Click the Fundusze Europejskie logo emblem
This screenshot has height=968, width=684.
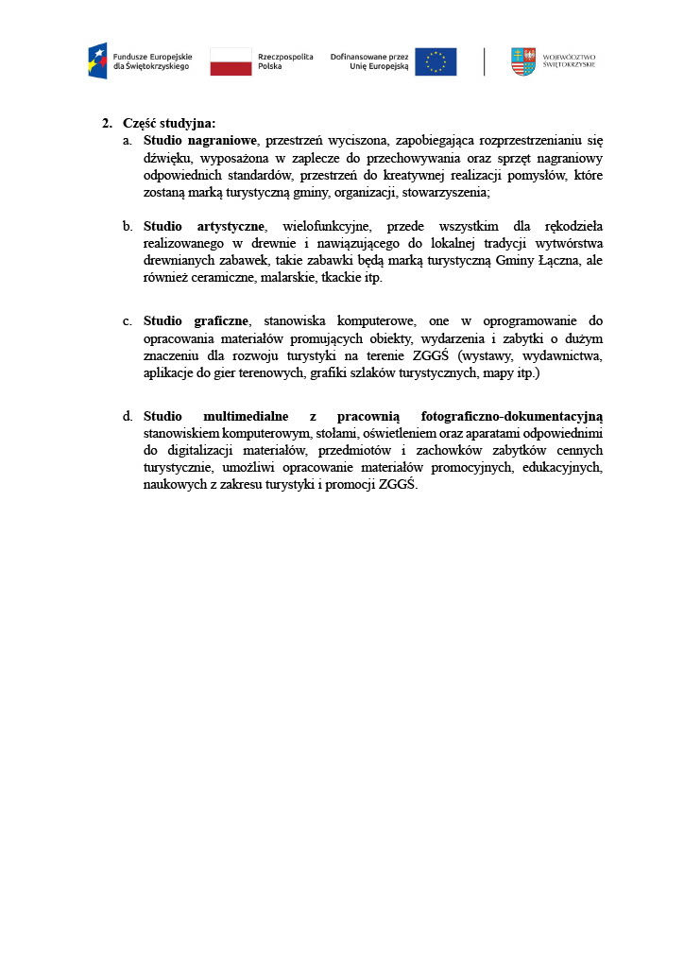pyautogui.click(x=97, y=61)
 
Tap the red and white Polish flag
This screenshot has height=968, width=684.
pyautogui.click(x=231, y=61)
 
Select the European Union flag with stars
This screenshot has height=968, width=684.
pyautogui.click(x=436, y=61)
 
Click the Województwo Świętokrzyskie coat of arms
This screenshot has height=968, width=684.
pyautogui.click(x=522, y=61)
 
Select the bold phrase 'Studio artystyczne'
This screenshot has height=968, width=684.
pyautogui.click(x=204, y=226)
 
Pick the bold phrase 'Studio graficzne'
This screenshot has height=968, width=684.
pyautogui.click(x=197, y=320)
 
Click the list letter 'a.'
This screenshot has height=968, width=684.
pyautogui.click(x=128, y=141)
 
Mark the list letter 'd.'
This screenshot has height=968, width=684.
pyautogui.click(x=128, y=416)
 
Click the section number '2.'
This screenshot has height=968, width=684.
pyautogui.click(x=107, y=123)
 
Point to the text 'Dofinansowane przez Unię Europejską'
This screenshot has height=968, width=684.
pyautogui.click(x=369, y=61)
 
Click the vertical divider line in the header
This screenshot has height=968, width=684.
pyautogui.click(x=485, y=61)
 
